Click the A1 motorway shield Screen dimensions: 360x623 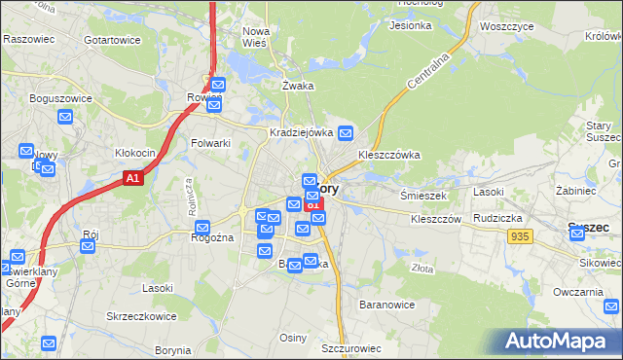pos(134,178)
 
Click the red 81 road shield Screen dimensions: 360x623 pos(312,205)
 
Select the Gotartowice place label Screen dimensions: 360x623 pos(112,40)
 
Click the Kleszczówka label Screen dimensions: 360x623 pos(388,154)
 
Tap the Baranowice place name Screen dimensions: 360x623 pos(387,305)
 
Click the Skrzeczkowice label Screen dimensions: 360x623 pos(142,317)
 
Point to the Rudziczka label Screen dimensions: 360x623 pos(499,219)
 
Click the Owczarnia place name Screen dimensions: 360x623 pos(579,292)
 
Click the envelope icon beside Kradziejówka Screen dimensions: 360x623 pos(346,132)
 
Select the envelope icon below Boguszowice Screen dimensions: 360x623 pos(65,118)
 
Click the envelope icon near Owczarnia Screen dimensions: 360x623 pos(610,307)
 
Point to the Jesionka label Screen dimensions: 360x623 pos(410,25)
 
